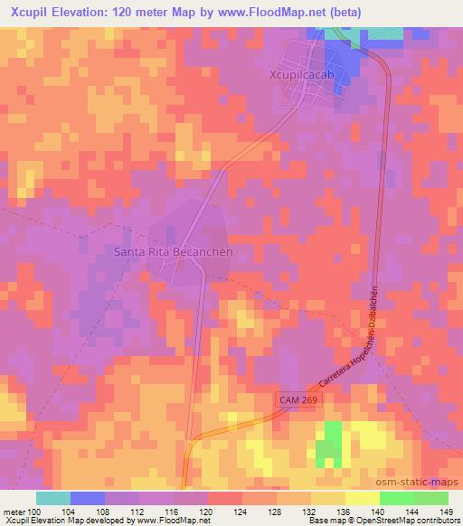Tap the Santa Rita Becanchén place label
(174, 252)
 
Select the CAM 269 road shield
(297, 399)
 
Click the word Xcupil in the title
(28, 13)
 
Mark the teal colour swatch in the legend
(53, 498)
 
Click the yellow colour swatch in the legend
(362, 498)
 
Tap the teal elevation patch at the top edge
(384, 33)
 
